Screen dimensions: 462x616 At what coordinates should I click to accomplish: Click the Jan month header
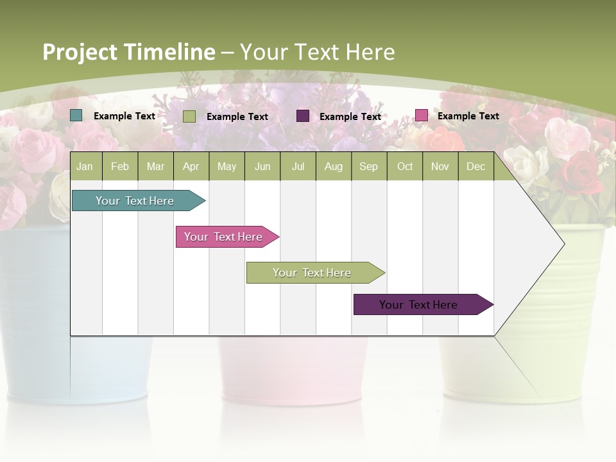85,166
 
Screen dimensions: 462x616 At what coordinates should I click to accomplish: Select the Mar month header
155,166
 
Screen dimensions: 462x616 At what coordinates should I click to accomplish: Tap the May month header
227,166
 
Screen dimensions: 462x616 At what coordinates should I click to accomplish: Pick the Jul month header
298,166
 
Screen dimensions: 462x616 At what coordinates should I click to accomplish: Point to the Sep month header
368,166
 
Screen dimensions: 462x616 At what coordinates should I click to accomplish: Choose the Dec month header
475,166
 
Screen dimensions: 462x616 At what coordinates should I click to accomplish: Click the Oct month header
405,166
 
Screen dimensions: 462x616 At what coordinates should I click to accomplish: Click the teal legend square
76,116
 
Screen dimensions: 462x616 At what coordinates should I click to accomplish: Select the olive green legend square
189,116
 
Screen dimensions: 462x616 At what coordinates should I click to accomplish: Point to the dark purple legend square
303,116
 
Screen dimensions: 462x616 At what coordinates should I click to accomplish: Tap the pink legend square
422,116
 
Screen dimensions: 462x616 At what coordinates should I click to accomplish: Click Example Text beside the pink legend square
468,116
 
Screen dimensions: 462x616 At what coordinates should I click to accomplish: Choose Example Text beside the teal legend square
124,116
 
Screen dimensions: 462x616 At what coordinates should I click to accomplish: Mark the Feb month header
120,166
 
